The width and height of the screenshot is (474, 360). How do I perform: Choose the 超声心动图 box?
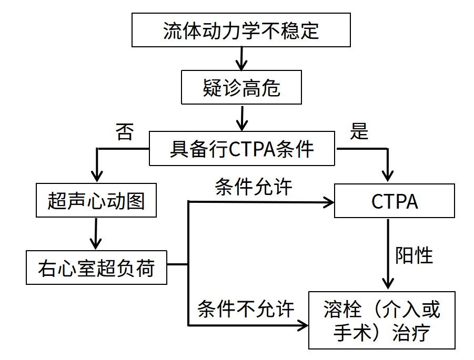(96, 201)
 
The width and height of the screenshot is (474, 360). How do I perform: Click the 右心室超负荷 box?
(96, 268)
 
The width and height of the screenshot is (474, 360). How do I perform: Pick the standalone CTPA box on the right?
(395, 201)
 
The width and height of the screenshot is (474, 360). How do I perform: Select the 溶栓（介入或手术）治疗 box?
(381, 320)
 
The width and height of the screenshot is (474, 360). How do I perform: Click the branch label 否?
(125, 132)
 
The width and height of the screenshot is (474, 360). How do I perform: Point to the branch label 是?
(359, 132)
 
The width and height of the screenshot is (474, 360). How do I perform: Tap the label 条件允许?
(253, 187)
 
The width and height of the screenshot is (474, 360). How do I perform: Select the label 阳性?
(414, 255)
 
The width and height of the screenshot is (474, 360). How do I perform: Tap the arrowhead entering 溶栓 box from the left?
(304, 325)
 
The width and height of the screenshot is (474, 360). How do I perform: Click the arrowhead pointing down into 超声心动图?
(96, 177)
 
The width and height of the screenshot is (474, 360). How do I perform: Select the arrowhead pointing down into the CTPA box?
(388, 177)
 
